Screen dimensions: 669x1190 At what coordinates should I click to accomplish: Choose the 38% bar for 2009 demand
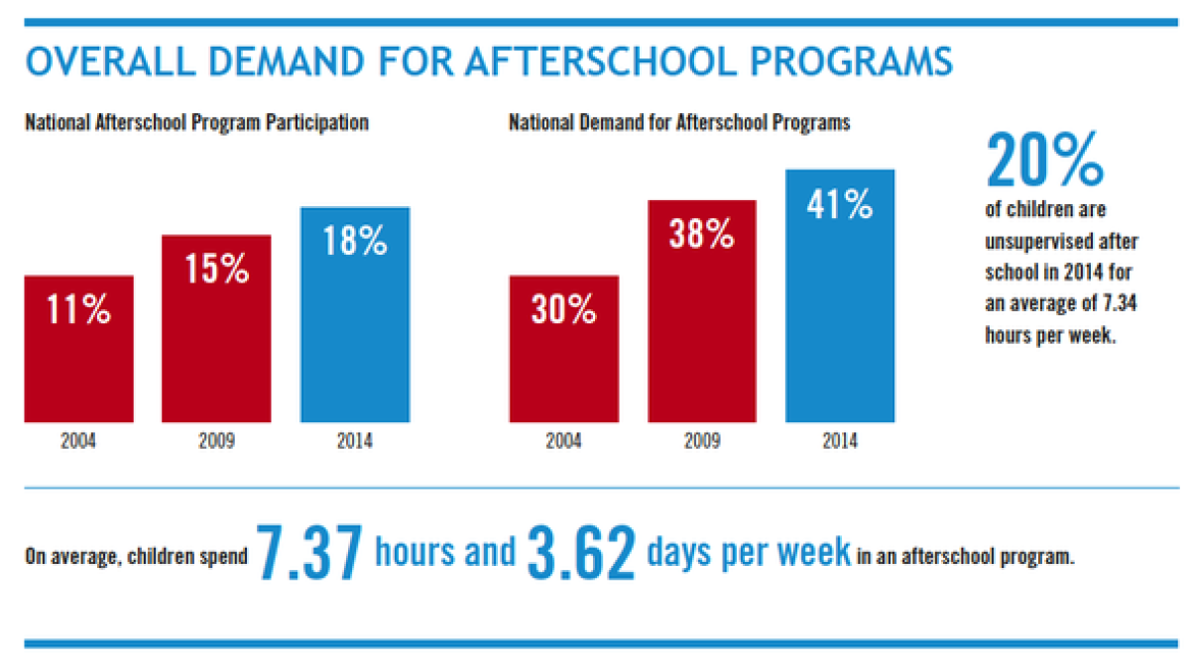click(x=701, y=311)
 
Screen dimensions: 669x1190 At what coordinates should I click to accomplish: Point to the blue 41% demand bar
click(x=840, y=296)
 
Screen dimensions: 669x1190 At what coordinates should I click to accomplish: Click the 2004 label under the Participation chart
click(x=78, y=440)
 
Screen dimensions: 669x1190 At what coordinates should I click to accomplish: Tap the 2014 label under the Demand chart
click(x=840, y=440)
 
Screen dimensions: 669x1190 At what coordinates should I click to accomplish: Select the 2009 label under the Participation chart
click(x=216, y=440)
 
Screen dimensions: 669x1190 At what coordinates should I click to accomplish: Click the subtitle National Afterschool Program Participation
click(x=196, y=123)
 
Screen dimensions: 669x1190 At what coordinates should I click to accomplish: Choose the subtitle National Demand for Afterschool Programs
click(x=679, y=123)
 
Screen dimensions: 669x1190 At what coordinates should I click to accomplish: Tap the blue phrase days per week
click(x=748, y=552)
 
